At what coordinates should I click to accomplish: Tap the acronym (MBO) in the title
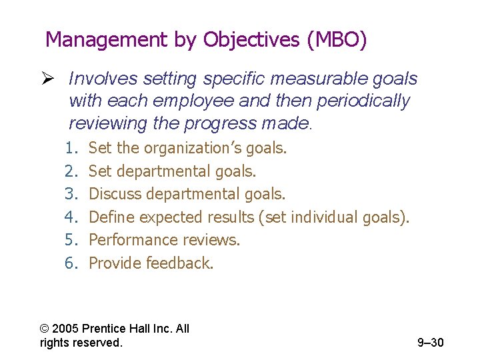point(337,41)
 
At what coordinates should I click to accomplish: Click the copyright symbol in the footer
point(45,329)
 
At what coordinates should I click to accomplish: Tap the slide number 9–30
point(430,343)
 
